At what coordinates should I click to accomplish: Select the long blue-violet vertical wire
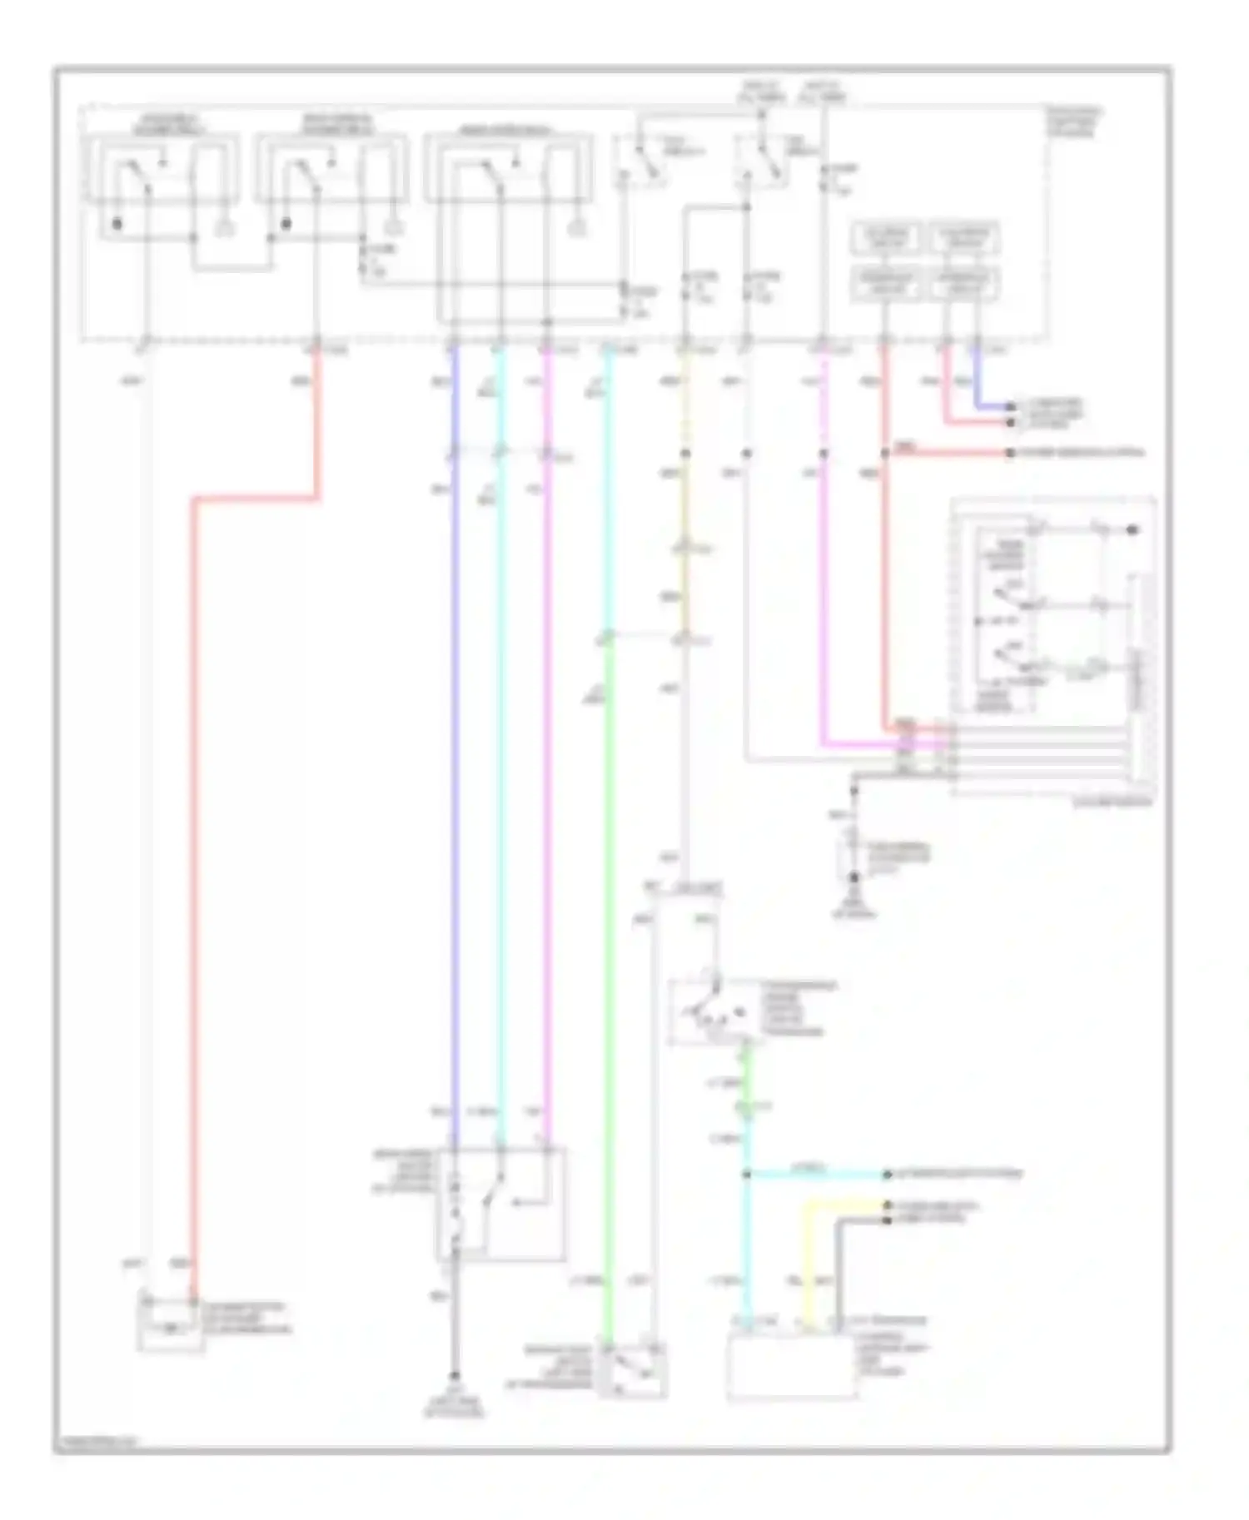pyautogui.click(x=454, y=749)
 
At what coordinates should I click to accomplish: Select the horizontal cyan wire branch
pyautogui.click(x=816, y=1175)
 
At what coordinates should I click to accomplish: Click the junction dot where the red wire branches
pyautogui.click(x=885, y=454)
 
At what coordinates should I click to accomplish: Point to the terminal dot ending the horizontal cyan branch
pyautogui.click(x=888, y=1175)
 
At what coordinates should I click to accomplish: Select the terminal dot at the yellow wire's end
pyautogui.click(x=888, y=1205)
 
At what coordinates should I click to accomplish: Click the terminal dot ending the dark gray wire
pyautogui.click(x=888, y=1219)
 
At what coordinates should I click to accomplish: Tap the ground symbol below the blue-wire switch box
pyautogui.click(x=455, y=1377)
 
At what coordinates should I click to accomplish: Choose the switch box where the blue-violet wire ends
pyautogui.click(x=500, y=1204)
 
